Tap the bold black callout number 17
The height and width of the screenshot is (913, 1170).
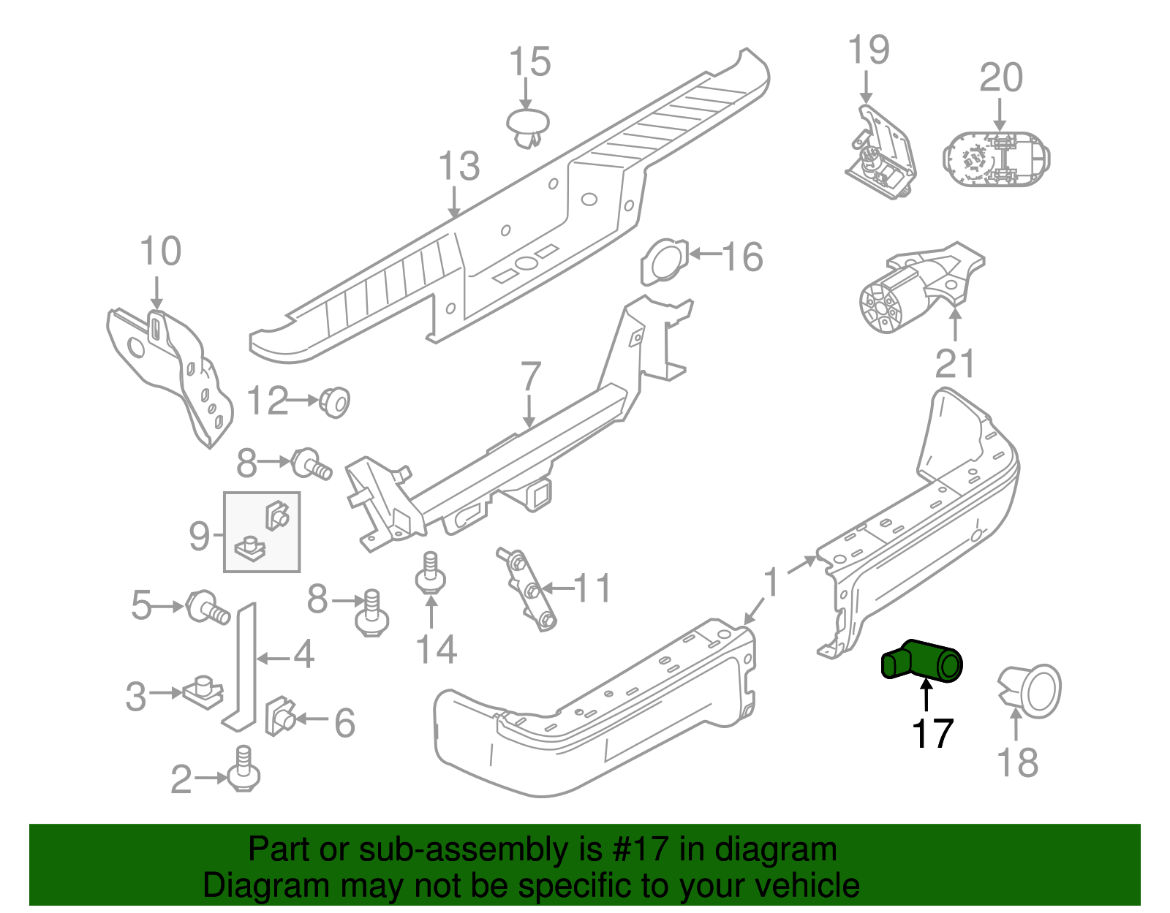tap(932, 733)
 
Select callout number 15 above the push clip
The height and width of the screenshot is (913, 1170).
tap(529, 62)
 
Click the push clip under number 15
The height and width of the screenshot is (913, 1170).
tap(527, 128)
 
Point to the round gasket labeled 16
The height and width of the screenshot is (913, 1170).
tap(665, 260)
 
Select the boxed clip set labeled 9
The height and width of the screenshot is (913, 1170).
tap(262, 531)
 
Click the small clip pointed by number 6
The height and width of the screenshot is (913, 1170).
tap(279, 715)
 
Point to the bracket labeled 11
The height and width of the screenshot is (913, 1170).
tap(528, 589)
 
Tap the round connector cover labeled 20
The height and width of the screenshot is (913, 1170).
tap(996, 159)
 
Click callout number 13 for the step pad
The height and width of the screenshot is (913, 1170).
tap(459, 166)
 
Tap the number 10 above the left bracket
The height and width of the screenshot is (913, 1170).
tap(160, 251)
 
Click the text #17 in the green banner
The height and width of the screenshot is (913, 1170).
tap(636, 849)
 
